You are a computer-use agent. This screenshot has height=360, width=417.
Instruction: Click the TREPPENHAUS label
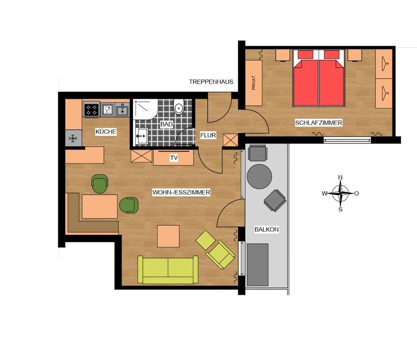point(211,82)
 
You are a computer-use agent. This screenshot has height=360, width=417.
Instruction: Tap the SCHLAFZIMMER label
point(319,123)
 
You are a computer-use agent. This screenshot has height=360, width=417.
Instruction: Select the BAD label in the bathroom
point(166,124)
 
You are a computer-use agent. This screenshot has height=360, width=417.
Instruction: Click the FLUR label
point(208,135)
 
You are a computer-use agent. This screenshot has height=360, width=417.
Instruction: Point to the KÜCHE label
point(106,132)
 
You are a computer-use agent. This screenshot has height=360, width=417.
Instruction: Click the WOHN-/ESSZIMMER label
point(181,192)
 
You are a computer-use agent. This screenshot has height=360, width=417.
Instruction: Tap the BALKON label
point(267,229)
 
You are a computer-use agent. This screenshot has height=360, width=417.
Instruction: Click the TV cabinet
point(173,158)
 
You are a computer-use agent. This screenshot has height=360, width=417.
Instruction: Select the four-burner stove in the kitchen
point(91,110)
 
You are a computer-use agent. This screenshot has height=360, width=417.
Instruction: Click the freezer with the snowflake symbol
point(73,138)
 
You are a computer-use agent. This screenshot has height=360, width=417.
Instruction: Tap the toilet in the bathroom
point(179,107)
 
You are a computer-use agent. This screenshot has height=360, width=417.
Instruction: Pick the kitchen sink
point(123,110)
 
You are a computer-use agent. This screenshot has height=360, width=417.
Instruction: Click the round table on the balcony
point(259,176)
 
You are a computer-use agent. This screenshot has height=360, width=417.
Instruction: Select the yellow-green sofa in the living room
point(168,270)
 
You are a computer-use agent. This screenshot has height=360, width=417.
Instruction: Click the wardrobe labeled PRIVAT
point(253,83)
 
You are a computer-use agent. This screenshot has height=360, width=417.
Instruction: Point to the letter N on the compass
point(340,178)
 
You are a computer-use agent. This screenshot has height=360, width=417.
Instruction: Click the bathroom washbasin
point(141,136)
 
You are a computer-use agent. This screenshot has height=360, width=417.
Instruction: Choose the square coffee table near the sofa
point(168,236)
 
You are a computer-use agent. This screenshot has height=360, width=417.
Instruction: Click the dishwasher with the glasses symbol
point(108,110)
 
